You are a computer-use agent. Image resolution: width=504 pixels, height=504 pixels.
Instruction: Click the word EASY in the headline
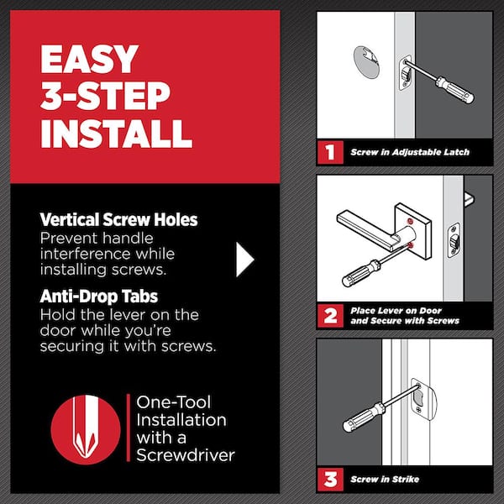[x=88, y=60]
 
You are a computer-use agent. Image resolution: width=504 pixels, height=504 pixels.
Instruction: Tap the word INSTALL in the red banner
[x=117, y=133]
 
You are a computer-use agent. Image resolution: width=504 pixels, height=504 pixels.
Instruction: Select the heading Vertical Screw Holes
[x=118, y=220]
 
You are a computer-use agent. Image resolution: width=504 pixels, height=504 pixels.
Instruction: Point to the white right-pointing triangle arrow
[x=244, y=260]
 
